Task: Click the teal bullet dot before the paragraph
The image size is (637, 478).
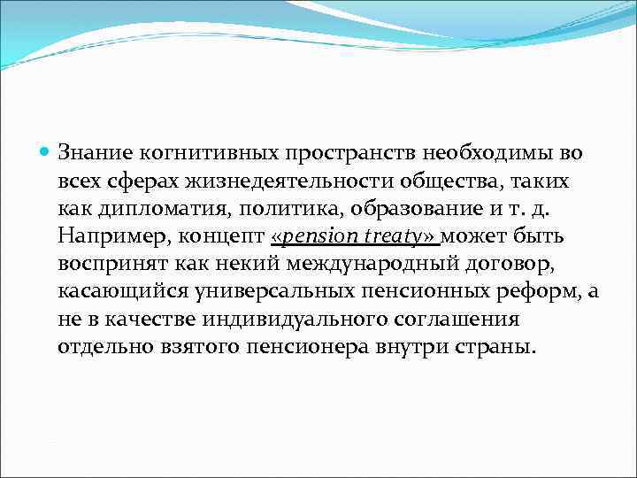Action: point(46,152)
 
